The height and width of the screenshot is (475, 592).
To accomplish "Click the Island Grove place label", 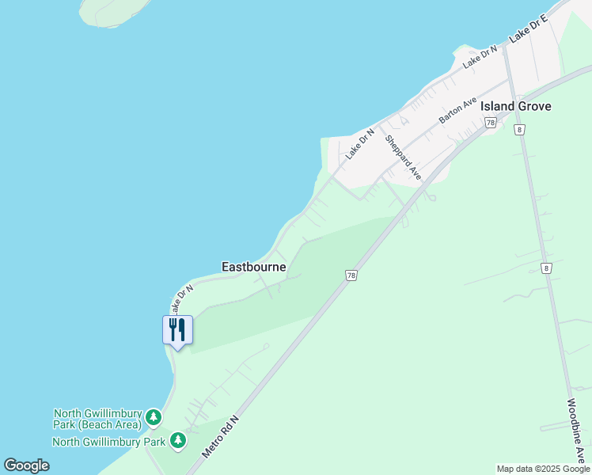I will (x=515, y=106).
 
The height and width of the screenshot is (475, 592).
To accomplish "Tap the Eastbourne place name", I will (x=253, y=267).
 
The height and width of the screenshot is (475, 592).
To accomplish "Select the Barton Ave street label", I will (x=458, y=110).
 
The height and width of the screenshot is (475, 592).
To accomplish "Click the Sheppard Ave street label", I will (x=403, y=157).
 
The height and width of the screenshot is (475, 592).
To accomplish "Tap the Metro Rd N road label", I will (x=220, y=436).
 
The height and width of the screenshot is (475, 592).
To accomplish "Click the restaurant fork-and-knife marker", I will (x=177, y=329).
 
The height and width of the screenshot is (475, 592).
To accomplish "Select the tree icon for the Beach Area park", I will (x=154, y=417).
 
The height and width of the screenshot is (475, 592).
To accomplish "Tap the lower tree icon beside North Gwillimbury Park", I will (x=178, y=440).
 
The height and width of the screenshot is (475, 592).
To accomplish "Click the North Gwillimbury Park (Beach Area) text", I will (x=97, y=419).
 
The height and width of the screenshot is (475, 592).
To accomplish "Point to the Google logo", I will (x=26, y=465).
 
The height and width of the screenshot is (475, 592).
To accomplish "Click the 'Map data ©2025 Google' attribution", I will (x=543, y=469).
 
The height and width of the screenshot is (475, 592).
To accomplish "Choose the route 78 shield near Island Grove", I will (x=491, y=123).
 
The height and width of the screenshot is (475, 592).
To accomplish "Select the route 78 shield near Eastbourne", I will (x=351, y=275).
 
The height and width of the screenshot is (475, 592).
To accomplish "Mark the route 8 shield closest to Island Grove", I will (x=519, y=129).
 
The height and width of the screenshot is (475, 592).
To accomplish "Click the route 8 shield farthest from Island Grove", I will (x=545, y=268).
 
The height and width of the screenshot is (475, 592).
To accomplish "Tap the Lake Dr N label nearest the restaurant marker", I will (x=180, y=299).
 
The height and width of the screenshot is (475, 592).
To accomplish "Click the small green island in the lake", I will (x=115, y=12).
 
